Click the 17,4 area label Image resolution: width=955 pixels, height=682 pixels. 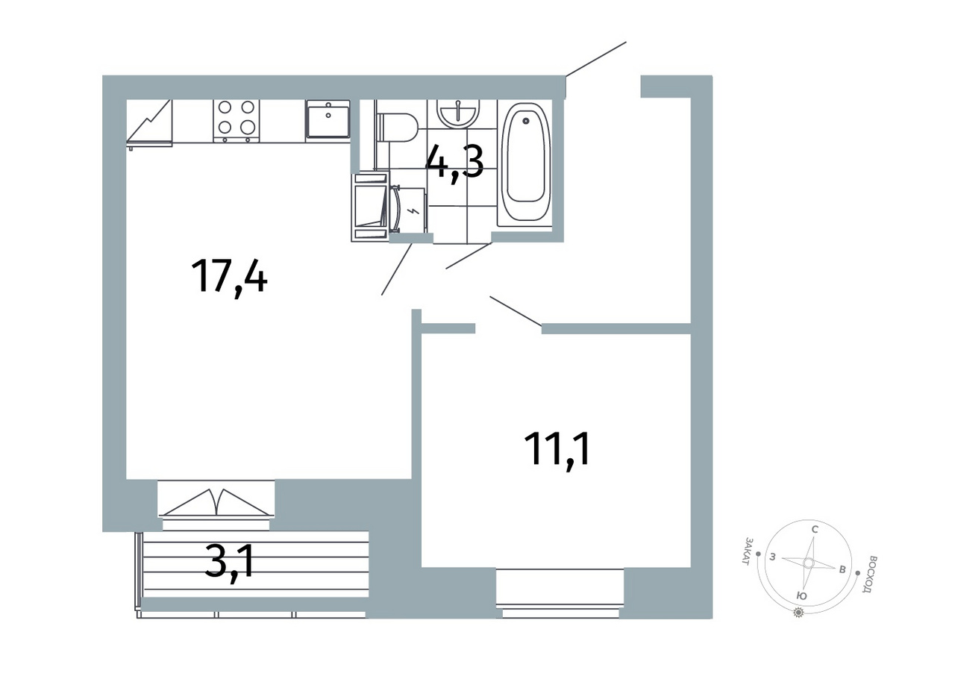tap(229, 278)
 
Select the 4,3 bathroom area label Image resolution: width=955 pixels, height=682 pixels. tap(454, 163)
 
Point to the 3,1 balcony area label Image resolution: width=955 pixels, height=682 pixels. tap(229, 563)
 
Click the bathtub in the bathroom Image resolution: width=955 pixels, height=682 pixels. tap(525, 163)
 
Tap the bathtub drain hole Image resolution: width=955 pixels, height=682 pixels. tap(526, 121)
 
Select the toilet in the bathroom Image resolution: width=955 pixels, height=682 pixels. tap(396, 128)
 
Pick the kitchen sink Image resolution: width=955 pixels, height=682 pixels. tap(328, 119)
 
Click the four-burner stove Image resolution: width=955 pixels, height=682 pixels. tap(237, 121)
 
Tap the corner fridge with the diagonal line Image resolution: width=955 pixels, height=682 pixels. tap(150, 123)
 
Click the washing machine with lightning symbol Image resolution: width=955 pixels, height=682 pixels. tap(407, 210)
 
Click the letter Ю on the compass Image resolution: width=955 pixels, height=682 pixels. tap(801, 596)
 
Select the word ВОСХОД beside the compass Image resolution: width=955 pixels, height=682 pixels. tap(868, 574)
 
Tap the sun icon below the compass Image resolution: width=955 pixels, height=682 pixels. tap(798, 613)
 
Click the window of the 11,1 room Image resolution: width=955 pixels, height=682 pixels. tap(560, 592)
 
